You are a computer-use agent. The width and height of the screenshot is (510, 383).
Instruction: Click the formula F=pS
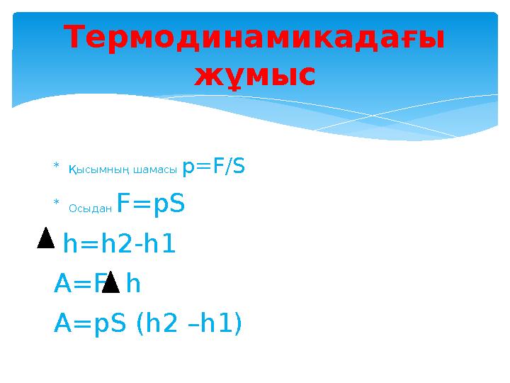pos(151,204)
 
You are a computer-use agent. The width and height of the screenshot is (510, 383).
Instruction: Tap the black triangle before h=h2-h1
pos(45,238)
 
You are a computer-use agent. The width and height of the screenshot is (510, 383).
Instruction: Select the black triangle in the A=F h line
pos(110,282)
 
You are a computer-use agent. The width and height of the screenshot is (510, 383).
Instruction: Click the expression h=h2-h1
pos(119,245)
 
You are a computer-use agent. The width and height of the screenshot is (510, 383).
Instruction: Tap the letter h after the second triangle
pos(132,284)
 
